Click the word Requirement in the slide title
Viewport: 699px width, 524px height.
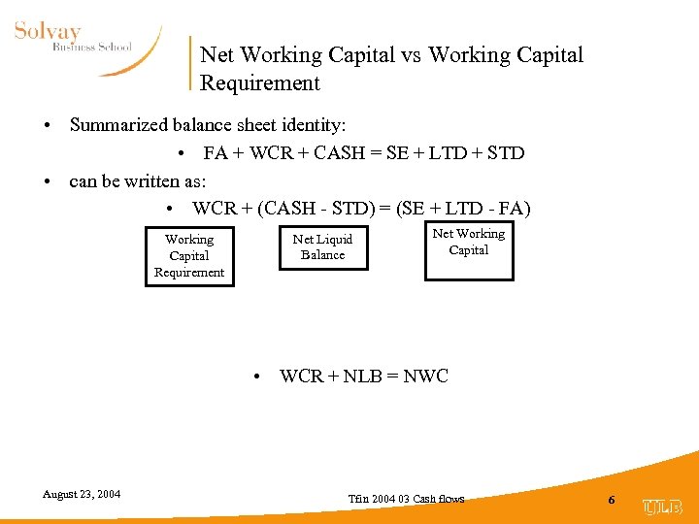click(x=259, y=83)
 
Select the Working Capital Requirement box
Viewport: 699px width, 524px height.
click(x=188, y=255)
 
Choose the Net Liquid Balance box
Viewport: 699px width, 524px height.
click(x=322, y=247)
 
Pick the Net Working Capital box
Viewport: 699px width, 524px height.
click(x=469, y=250)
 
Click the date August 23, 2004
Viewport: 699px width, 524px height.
click(x=82, y=494)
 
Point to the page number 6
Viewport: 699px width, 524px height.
click(x=611, y=499)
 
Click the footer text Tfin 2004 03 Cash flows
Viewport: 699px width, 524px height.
click(x=406, y=499)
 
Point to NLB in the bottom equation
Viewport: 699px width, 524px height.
click(x=361, y=377)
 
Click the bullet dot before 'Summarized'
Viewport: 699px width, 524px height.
click(x=47, y=126)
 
